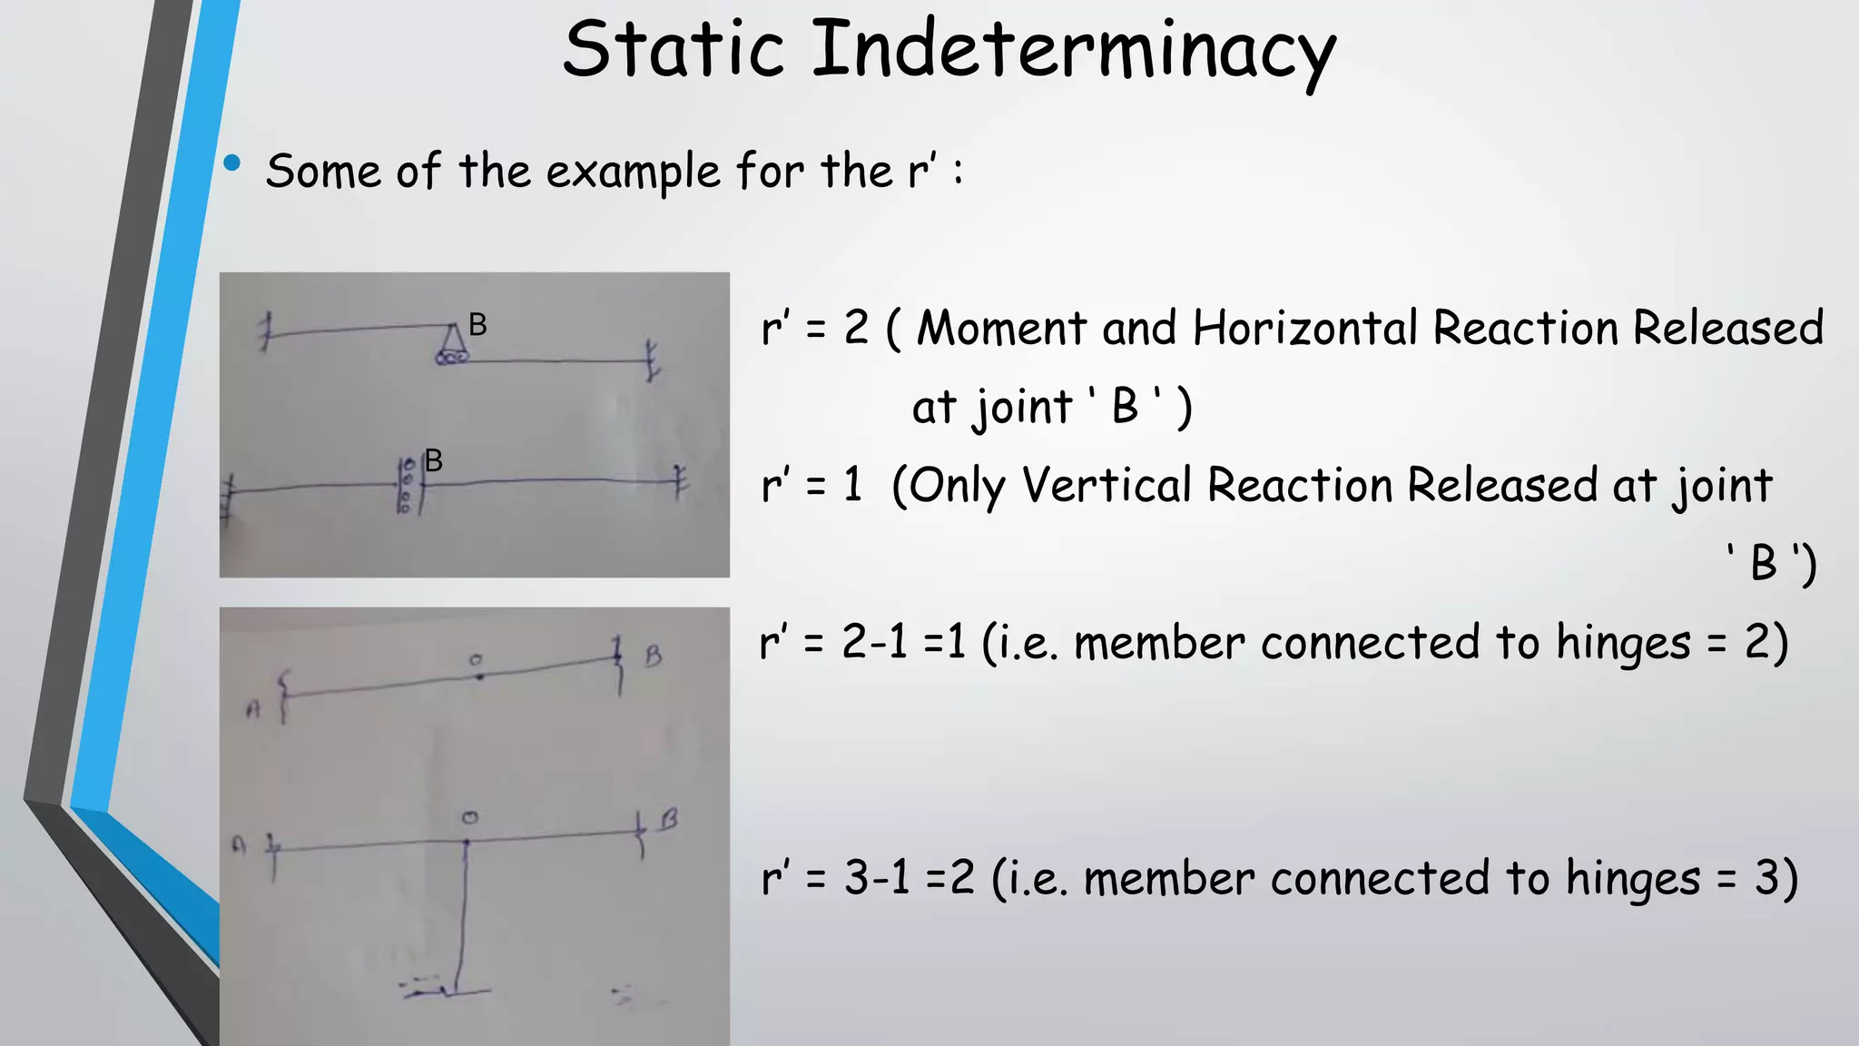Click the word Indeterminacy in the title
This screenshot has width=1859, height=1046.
[x=1073, y=51]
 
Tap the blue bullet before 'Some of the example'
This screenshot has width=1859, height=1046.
[x=232, y=163]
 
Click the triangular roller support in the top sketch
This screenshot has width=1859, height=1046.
[x=452, y=346]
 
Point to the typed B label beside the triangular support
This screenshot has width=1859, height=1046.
[x=478, y=324]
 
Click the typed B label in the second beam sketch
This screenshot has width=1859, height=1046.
[x=434, y=460]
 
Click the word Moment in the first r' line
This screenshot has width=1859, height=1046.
[x=1001, y=328]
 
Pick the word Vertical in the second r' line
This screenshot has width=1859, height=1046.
[x=1107, y=486]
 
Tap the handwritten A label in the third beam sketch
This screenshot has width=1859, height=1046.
[x=252, y=711]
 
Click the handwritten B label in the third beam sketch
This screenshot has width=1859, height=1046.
[x=653, y=656]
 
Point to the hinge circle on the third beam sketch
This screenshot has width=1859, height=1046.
[x=477, y=661]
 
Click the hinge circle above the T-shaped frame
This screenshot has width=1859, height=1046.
[x=469, y=818]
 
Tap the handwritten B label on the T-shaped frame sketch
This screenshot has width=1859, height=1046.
[x=669, y=820]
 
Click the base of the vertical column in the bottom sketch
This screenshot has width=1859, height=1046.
[x=451, y=991]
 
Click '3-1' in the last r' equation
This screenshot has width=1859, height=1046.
[x=877, y=878]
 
